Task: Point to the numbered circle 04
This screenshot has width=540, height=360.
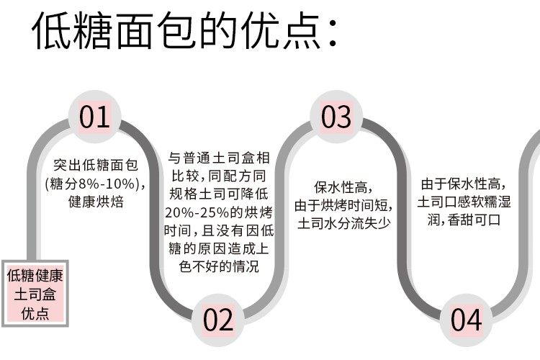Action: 467,320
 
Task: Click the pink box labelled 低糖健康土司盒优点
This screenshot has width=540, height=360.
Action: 35,294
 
